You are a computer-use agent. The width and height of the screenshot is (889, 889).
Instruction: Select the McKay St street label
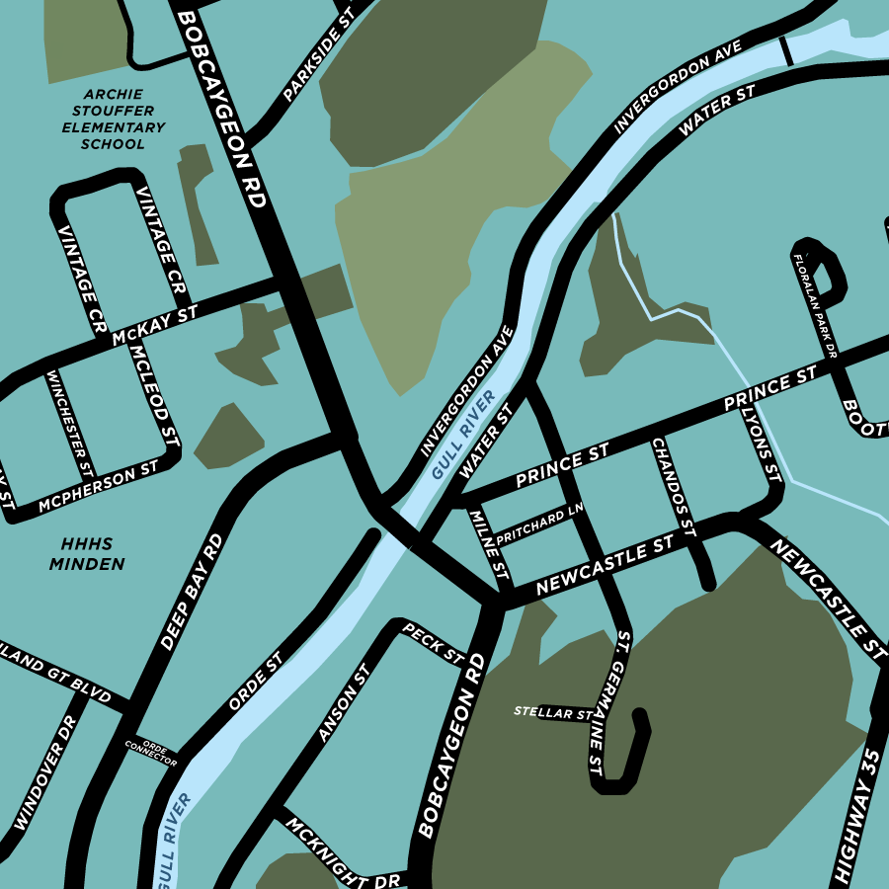pos(155,324)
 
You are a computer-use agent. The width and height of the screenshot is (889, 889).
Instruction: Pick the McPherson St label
pos(99,487)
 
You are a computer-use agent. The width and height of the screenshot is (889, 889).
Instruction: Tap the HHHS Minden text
pos(93,554)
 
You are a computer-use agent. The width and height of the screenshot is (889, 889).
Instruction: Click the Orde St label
pos(255,681)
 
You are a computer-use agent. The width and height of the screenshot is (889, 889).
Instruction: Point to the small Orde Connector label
pos(151,752)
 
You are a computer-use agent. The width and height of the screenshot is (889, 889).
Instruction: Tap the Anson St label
pos(343,702)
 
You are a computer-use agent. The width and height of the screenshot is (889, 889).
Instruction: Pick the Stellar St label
pos(553,712)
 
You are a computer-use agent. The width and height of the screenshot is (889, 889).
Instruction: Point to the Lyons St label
pos(761,444)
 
